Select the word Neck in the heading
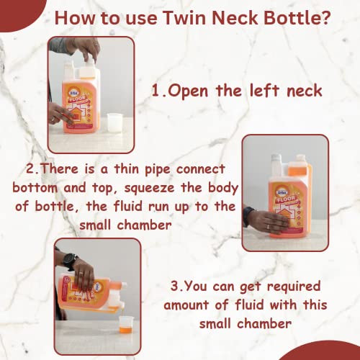(x=235, y=18)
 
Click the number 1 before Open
(x=156, y=91)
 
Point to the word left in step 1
(x=264, y=91)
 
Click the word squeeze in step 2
(x=149, y=188)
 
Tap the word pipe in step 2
(x=158, y=170)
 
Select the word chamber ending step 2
(x=144, y=225)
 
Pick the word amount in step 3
(x=186, y=305)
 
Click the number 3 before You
(x=174, y=287)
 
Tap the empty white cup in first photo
(x=114, y=122)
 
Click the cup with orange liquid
(x=126, y=324)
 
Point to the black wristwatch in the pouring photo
(x=70, y=261)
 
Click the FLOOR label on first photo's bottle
(x=77, y=99)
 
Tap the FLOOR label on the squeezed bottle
(x=286, y=199)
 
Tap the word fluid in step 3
(x=250, y=305)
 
